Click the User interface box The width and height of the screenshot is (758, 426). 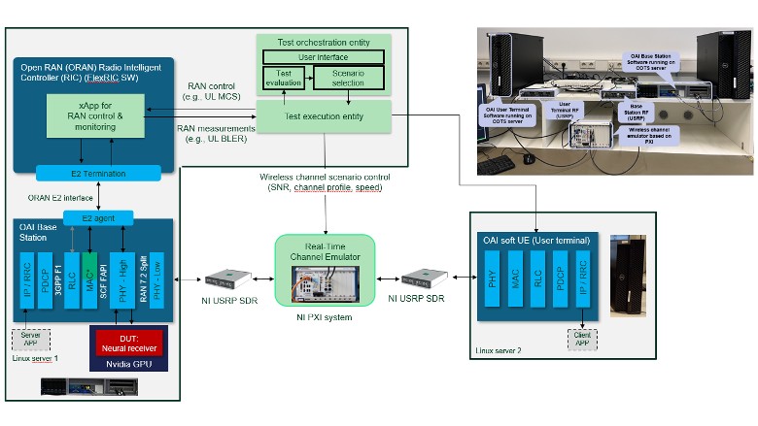(324, 57)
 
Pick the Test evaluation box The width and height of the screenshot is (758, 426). (283, 79)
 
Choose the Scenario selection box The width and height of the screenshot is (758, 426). (348, 79)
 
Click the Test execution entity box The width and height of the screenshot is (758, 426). (324, 115)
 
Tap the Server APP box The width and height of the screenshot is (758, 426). (29, 339)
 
